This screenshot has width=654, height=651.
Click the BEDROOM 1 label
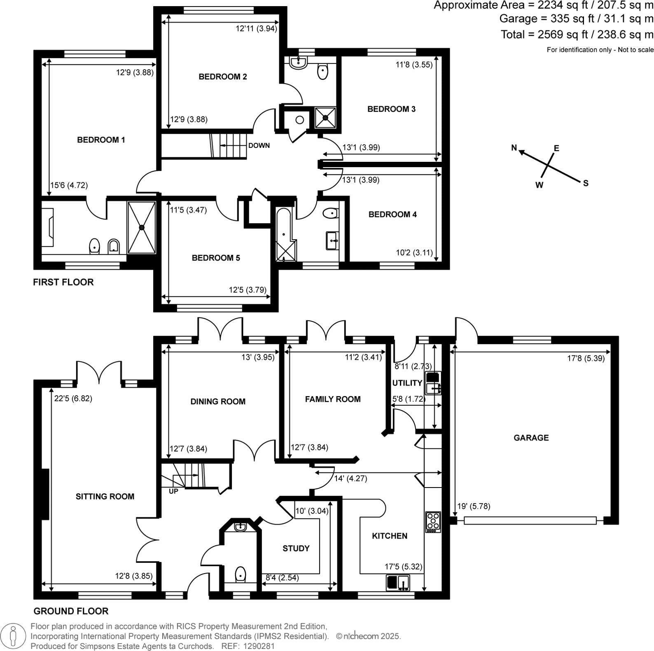pyautogui.click(x=101, y=140)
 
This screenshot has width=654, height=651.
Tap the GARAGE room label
pyautogui.click(x=531, y=438)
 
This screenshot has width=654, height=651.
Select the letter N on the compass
pyautogui.click(x=514, y=148)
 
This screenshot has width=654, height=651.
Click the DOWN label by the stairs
pyautogui.click(x=259, y=145)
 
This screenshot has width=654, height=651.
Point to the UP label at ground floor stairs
pyautogui.click(x=173, y=491)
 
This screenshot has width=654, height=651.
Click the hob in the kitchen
pyautogui.click(x=433, y=522)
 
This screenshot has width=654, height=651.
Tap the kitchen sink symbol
pyautogui.click(x=398, y=582)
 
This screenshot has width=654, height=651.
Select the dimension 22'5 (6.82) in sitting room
pyautogui.click(x=73, y=398)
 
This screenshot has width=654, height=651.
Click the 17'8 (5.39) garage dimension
pyautogui.click(x=586, y=358)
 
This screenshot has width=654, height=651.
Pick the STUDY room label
pyautogui.click(x=296, y=548)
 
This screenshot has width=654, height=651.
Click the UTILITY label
pyautogui.click(x=407, y=383)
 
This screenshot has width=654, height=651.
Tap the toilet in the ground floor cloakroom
pyautogui.click(x=240, y=574)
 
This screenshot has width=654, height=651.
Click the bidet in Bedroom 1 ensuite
pyautogui.click(x=114, y=247)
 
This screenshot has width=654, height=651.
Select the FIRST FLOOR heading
pyautogui.click(x=63, y=282)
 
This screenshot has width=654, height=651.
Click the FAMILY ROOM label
pyautogui.click(x=332, y=399)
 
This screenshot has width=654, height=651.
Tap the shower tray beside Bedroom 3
pyautogui.click(x=325, y=117)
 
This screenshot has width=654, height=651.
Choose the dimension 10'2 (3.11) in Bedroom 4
pyautogui.click(x=414, y=252)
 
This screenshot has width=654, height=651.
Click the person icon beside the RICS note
pyautogui.click(x=14, y=636)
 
